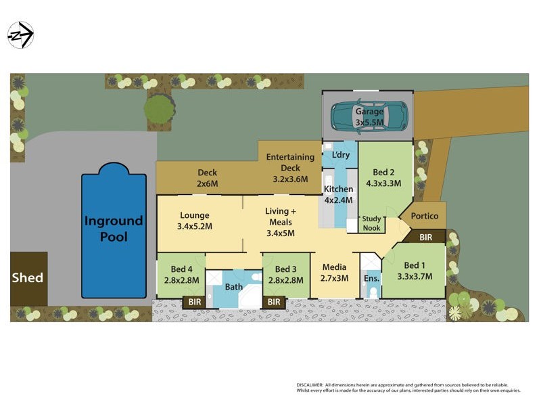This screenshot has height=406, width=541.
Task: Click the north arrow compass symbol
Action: point(20,35)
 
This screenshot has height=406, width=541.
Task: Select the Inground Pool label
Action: point(114,229)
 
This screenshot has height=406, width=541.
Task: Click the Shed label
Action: point(28,277)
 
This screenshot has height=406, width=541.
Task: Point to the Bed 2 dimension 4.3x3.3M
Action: point(383,183)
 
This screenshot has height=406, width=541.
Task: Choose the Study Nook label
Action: point(372,223)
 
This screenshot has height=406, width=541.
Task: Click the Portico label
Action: point(424,216)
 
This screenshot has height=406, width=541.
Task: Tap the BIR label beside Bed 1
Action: point(426,238)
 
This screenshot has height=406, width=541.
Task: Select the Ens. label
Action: point(371,277)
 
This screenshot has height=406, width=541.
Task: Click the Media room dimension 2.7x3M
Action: point(334,277)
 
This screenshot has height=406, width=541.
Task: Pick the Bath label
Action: point(234,287)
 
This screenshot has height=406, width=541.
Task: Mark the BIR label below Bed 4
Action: point(194,302)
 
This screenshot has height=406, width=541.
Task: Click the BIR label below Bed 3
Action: point(274,302)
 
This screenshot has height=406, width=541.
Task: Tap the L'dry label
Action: point(342,155)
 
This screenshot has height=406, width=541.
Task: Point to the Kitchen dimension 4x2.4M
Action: point(339,200)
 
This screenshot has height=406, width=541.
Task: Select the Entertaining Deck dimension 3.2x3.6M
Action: point(290,179)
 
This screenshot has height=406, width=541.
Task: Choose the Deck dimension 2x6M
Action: point(207,183)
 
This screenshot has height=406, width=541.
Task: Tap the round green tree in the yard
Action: point(160,108)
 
